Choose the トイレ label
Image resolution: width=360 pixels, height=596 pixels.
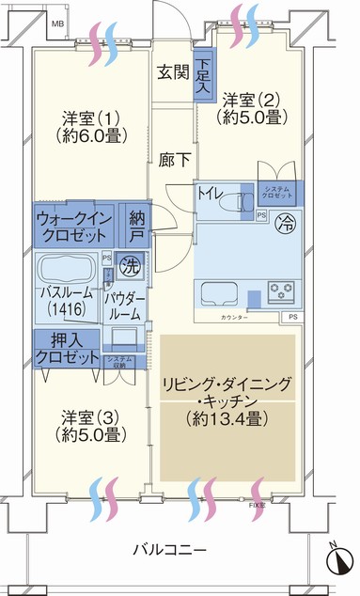(210, 194)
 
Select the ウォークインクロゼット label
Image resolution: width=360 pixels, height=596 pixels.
(74, 226)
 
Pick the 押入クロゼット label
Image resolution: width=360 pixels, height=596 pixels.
(68, 348)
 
